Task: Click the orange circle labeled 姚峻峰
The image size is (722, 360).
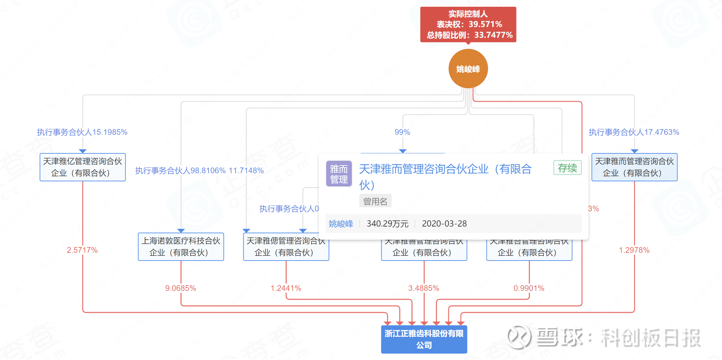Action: [468, 69]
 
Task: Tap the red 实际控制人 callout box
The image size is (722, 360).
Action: [468, 24]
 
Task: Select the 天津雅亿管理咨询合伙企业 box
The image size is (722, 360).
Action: [83, 167]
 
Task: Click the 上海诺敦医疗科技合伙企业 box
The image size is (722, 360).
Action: [181, 247]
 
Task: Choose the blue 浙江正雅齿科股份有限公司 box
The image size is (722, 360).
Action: [424, 339]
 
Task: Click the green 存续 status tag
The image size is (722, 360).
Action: [567, 168]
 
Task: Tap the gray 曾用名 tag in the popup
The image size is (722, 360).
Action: [375, 201]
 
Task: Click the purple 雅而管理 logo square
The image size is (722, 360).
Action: [339, 174]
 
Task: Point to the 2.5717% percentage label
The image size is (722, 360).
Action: [82, 250]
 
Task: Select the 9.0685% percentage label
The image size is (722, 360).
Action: [181, 288]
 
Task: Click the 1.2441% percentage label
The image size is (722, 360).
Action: [286, 288]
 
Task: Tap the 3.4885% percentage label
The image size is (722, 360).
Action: [424, 288]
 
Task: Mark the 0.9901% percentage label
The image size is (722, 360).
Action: [529, 288]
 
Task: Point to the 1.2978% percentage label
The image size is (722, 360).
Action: [634, 250]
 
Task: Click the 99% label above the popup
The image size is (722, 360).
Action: [402, 132]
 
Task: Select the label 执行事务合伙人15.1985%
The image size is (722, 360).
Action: [82, 132]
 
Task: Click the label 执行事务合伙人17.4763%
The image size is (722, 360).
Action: [634, 132]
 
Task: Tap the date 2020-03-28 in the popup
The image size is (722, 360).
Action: [444, 223]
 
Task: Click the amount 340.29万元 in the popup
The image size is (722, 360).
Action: [388, 223]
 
